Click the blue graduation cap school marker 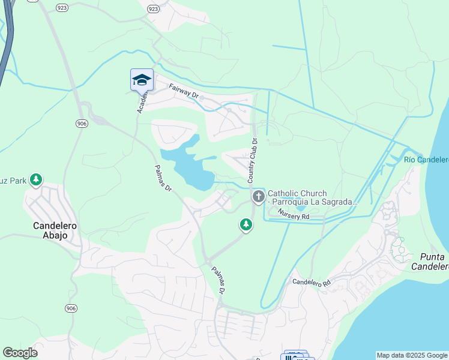(142, 80)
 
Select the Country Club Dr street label (253, 161)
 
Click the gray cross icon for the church (259, 196)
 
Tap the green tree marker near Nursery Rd (246, 224)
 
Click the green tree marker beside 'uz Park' (36, 179)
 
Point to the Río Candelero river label (426, 160)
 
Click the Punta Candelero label (430, 261)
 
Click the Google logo (20, 353)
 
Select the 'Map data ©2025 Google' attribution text (411, 355)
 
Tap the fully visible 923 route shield (153, 9)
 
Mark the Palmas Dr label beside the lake (163, 178)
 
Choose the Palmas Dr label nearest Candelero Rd (218, 280)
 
